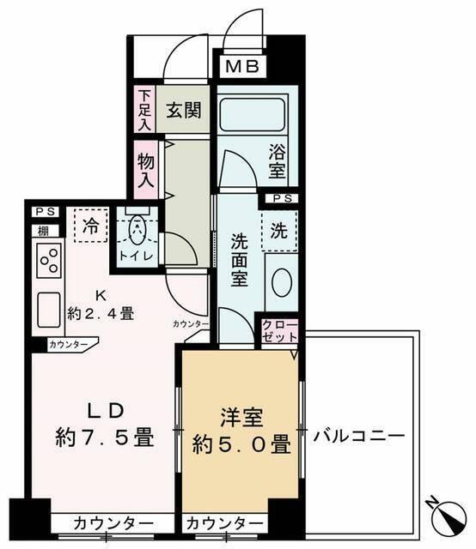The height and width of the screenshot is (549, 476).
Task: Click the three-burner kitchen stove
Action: tap(49, 260)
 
